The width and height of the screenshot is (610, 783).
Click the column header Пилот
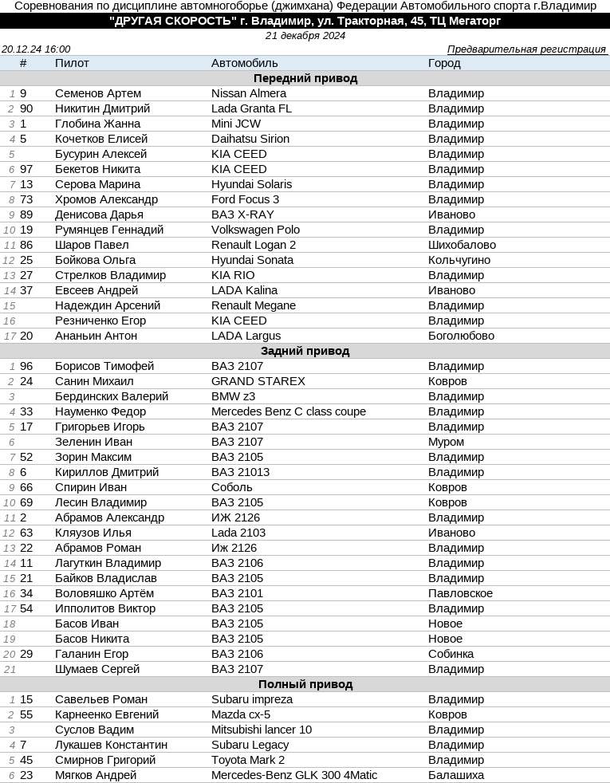72,63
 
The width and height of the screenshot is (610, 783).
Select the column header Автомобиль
244,63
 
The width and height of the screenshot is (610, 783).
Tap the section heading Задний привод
305,351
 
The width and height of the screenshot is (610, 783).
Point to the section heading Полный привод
305,684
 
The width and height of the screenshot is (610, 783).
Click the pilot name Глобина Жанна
97,124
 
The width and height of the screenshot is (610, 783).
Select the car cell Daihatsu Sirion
250,139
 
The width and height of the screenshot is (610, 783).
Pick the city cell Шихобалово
462,245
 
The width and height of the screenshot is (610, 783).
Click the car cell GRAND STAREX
258,381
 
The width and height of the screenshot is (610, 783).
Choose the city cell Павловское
460,593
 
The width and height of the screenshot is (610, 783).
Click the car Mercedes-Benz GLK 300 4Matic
293,775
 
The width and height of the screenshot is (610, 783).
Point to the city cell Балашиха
455,775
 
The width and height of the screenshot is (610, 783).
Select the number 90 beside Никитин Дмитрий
26,108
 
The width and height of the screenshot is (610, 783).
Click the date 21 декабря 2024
305,36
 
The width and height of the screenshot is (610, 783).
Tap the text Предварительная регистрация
525,49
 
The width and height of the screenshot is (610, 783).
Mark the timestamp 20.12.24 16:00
36,49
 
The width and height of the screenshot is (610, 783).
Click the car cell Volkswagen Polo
255,230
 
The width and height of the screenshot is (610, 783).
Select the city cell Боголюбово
461,336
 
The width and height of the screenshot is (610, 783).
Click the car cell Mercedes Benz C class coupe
288,411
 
